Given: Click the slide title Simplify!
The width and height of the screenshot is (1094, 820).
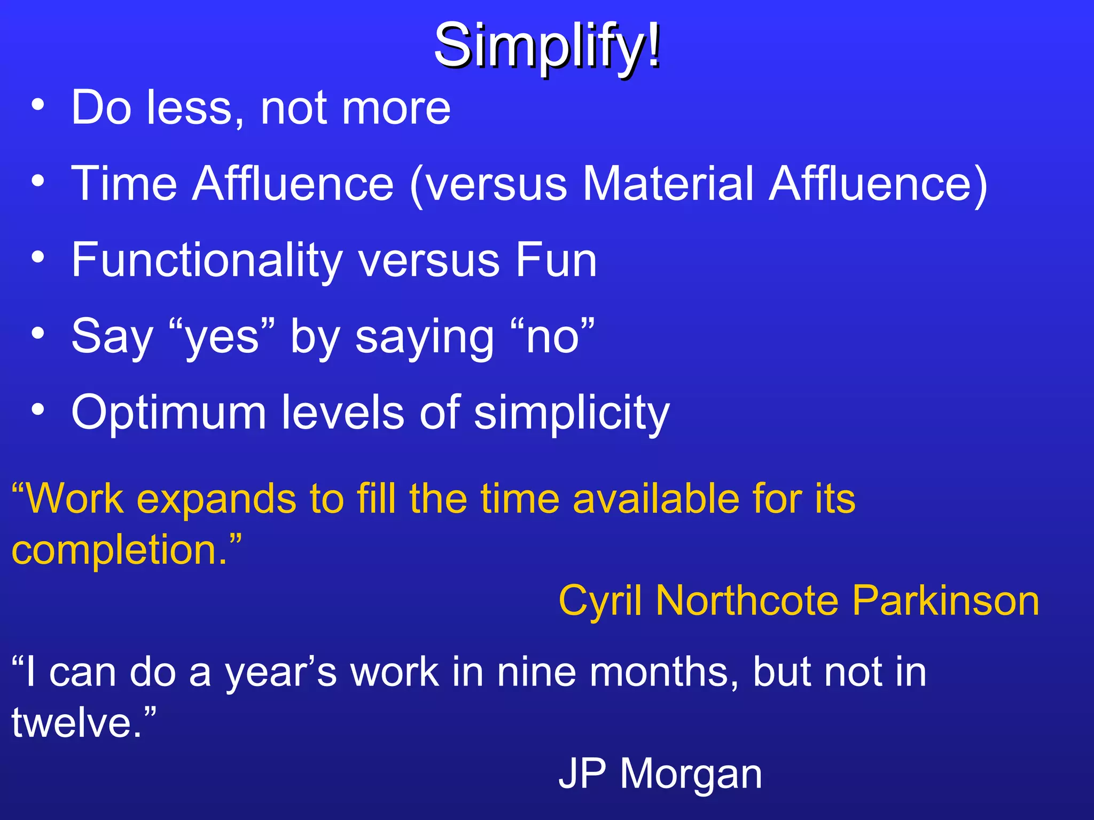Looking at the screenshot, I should [x=547, y=47].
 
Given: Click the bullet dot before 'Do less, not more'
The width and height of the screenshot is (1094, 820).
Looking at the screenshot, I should [x=37, y=105].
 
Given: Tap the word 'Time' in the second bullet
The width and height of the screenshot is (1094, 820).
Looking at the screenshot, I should [x=124, y=184].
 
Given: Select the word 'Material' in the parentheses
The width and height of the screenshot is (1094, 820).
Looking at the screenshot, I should [x=668, y=184].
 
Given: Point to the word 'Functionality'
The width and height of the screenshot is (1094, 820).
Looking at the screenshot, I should [x=206, y=261].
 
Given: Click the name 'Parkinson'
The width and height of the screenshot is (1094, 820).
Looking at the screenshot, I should [x=945, y=601].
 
